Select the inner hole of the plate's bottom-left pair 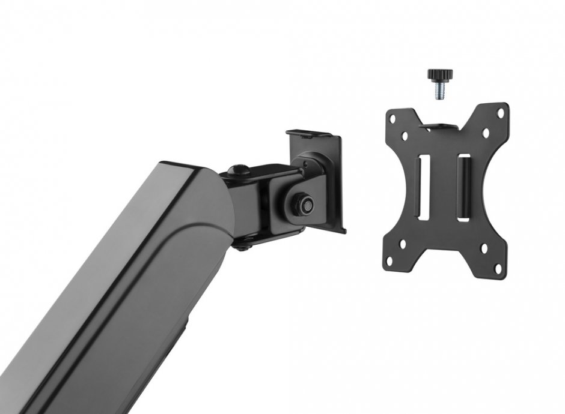coord(404,243)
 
